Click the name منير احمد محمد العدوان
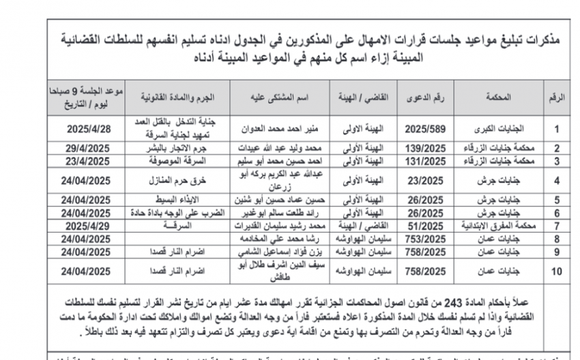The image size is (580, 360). click(x=279, y=127)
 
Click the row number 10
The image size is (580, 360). click(x=556, y=271)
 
